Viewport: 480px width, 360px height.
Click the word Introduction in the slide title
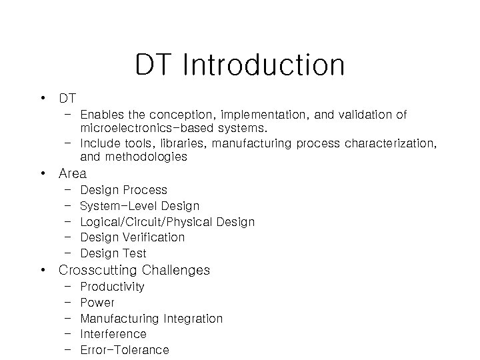[263, 65]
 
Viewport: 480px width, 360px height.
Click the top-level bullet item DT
[67, 99]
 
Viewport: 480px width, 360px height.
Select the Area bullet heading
[73, 173]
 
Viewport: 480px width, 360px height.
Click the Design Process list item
[123, 190]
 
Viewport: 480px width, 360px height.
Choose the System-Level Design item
[139, 206]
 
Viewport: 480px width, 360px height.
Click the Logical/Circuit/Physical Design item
[167, 221]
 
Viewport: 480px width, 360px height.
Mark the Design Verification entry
[132, 237]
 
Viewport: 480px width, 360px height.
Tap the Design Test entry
[113, 253]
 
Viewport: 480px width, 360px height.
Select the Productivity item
[112, 287]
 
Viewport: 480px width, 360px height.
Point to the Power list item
[97, 303]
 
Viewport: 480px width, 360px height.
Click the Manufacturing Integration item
[151, 319]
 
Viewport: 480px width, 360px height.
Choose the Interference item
[113, 334]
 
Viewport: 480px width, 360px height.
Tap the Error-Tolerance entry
[125, 350]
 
